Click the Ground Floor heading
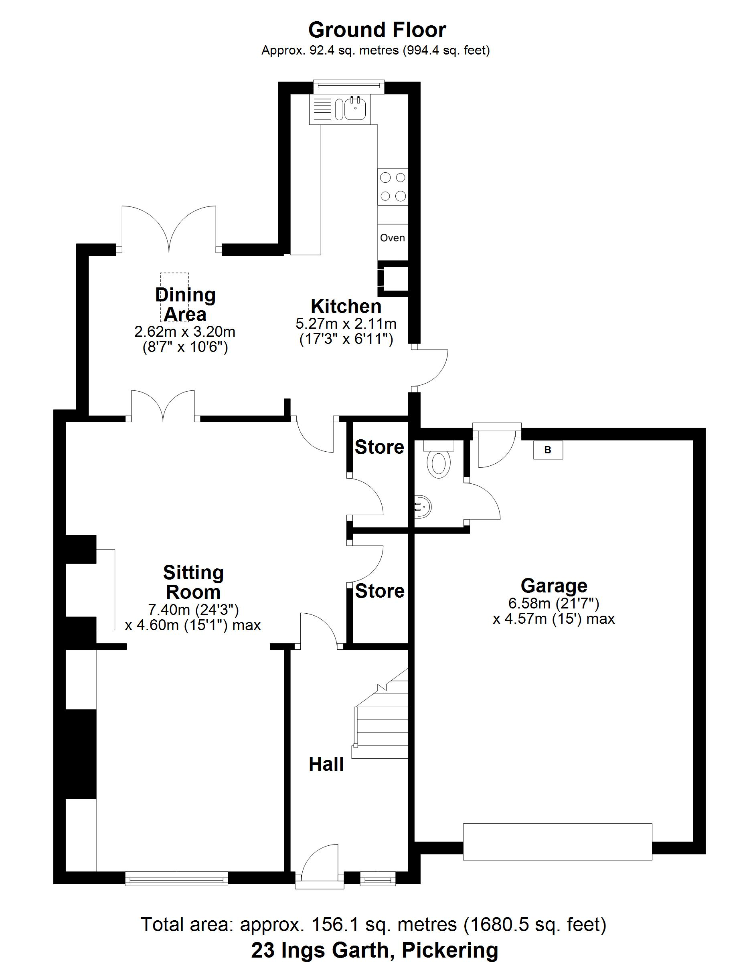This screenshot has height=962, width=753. (377, 30)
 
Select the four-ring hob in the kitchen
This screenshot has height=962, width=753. (393, 187)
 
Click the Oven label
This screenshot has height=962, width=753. (393, 238)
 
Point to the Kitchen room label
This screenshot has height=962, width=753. (346, 306)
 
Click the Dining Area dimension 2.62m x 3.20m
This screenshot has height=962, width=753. (185, 331)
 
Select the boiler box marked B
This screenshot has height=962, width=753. (548, 450)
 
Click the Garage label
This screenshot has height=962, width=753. (554, 586)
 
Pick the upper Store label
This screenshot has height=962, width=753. (380, 447)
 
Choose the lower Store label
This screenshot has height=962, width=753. (380, 591)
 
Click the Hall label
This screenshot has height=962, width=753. (326, 764)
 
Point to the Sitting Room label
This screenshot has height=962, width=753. (194, 582)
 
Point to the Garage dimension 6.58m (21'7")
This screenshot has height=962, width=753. (554, 603)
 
